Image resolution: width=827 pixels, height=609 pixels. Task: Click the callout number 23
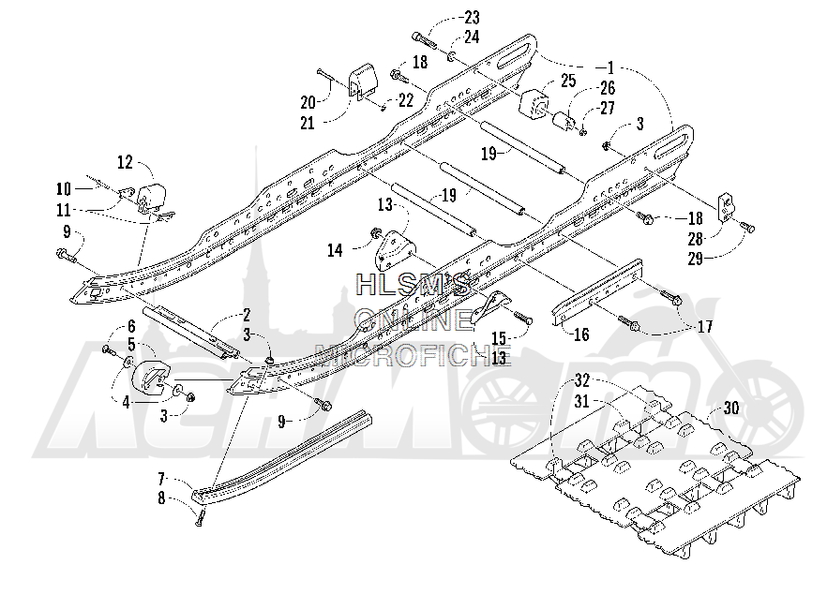[x=472, y=18]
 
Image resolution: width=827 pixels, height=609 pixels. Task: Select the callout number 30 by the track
[x=731, y=408]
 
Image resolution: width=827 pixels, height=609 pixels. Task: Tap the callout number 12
[x=125, y=162]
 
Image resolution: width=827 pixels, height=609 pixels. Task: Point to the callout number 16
[x=581, y=334]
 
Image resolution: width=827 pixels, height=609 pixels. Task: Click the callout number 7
[x=162, y=480]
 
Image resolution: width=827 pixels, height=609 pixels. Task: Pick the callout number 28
[x=696, y=239]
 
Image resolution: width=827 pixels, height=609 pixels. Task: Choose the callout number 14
[x=335, y=250]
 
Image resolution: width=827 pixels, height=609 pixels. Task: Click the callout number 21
[x=307, y=124]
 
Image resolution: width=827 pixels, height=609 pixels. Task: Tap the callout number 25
[x=568, y=81]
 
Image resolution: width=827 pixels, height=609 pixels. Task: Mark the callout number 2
[x=247, y=316]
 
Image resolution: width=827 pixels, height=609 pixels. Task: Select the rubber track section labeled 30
[x=655, y=471]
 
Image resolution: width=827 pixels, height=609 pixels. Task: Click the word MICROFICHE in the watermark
[x=413, y=355]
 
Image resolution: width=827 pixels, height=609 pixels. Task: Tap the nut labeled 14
[x=375, y=233]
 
